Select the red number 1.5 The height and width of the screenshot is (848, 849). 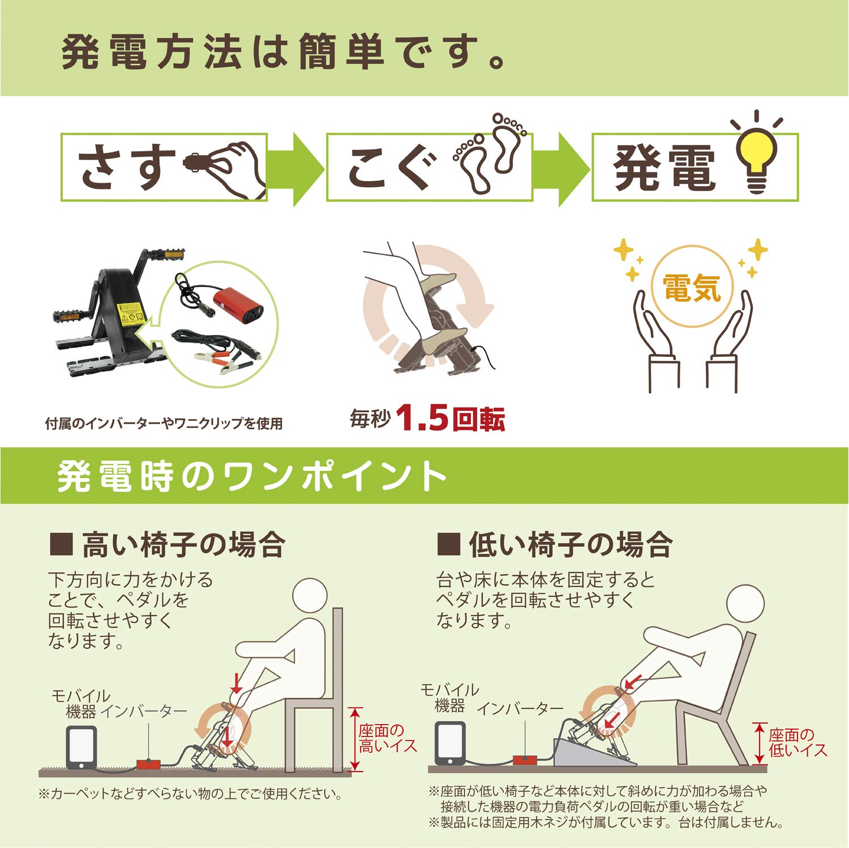[422, 419]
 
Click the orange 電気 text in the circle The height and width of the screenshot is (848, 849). [692, 289]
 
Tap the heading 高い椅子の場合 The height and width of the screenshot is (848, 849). [183, 545]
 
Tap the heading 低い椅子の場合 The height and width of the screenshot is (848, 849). [571, 545]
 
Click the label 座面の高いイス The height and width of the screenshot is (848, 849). [387, 738]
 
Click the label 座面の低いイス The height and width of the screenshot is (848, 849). [797, 743]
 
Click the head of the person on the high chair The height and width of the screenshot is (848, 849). [310, 599]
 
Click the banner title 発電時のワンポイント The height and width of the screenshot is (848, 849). [252, 476]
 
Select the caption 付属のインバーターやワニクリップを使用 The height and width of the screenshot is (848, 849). [164, 423]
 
